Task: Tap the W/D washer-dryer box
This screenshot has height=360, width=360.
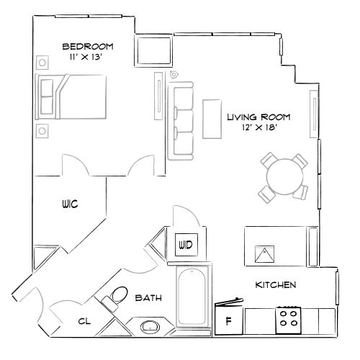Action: pyautogui.click(x=186, y=245)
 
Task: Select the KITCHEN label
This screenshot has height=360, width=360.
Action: pyautogui.click(x=276, y=285)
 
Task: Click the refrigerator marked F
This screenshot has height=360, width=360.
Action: pyautogui.click(x=229, y=320)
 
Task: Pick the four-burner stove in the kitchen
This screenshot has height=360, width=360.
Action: pyautogui.click(x=289, y=319)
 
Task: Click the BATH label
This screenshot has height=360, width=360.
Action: pyautogui.click(x=147, y=297)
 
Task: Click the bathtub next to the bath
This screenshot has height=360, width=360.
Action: pyautogui.click(x=193, y=295)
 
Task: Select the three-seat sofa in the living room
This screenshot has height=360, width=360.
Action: pyautogui.click(x=181, y=120)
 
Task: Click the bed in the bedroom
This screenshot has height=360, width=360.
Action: pyautogui.click(x=74, y=95)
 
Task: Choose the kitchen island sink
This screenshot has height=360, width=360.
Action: pyautogui.click(x=264, y=253)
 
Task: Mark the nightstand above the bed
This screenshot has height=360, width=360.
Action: pyautogui.click(x=42, y=60)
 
